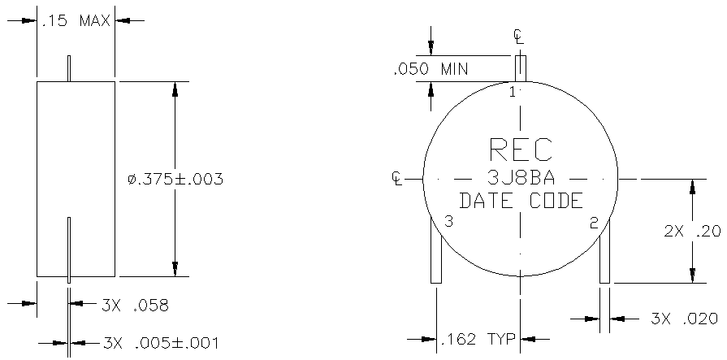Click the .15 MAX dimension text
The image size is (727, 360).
pyautogui.click(x=76, y=21)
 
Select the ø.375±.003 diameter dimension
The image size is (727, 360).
pyautogui.click(x=175, y=179)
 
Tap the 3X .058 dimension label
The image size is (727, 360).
pyautogui.click(x=135, y=306)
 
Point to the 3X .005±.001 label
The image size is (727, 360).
pyautogui.click(x=160, y=343)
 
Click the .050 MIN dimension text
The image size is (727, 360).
pyautogui.click(x=431, y=70)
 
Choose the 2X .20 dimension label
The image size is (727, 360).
pyautogui.click(x=692, y=231)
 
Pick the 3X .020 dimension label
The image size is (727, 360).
pyautogui.click(x=684, y=319)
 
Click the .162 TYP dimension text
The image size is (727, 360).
pyautogui.click(x=478, y=339)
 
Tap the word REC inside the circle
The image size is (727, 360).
pyautogui.click(x=521, y=150)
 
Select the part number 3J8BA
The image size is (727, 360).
pyautogui.click(x=521, y=178)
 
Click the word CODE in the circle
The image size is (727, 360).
pyautogui.click(x=556, y=201)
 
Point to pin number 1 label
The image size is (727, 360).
pyautogui.click(x=513, y=93)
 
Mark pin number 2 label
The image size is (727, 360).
pyautogui.click(x=594, y=223)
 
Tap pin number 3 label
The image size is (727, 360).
pyautogui.click(x=448, y=221)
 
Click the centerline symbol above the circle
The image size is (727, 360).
pyautogui.click(x=519, y=37)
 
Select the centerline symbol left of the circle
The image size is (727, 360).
pyautogui.click(x=397, y=178)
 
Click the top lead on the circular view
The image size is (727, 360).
pyautogui.click(x=521, y=68)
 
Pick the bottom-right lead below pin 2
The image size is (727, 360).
pyautogui.click(x=604, y=251)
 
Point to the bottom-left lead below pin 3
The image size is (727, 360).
pyautogui.click(x=436, y=250)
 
